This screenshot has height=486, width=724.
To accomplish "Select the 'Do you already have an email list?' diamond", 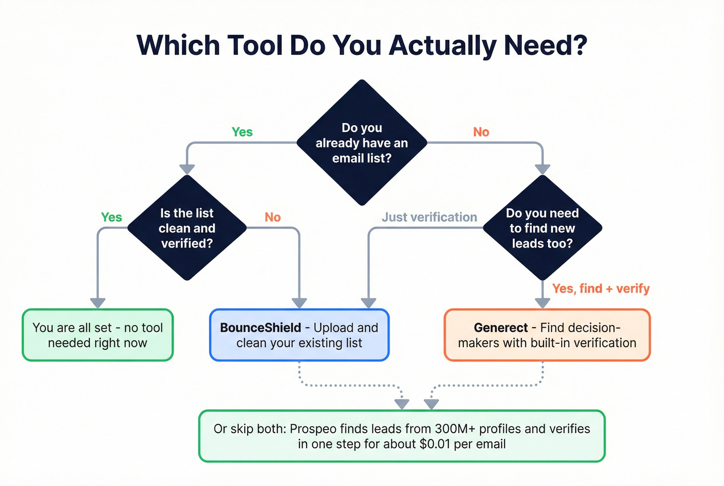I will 361,142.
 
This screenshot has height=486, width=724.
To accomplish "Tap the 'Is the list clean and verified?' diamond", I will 187,228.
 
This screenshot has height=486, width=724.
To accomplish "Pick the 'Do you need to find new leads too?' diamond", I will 542,228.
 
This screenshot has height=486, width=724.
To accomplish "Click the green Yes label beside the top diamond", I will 242,132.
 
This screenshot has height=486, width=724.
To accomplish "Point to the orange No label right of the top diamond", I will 481,132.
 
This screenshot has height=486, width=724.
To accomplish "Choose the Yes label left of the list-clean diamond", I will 111,217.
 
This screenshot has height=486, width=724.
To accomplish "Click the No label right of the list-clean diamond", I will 273,217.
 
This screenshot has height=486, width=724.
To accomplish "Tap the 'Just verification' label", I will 429,217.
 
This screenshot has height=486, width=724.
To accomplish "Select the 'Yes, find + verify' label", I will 600,288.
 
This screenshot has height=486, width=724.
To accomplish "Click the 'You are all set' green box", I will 98,335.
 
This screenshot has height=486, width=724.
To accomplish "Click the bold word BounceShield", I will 261,328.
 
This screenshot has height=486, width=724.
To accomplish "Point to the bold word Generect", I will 501,328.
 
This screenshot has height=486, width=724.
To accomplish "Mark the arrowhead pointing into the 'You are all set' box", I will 98,303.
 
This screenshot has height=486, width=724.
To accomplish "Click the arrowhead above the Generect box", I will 542,303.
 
